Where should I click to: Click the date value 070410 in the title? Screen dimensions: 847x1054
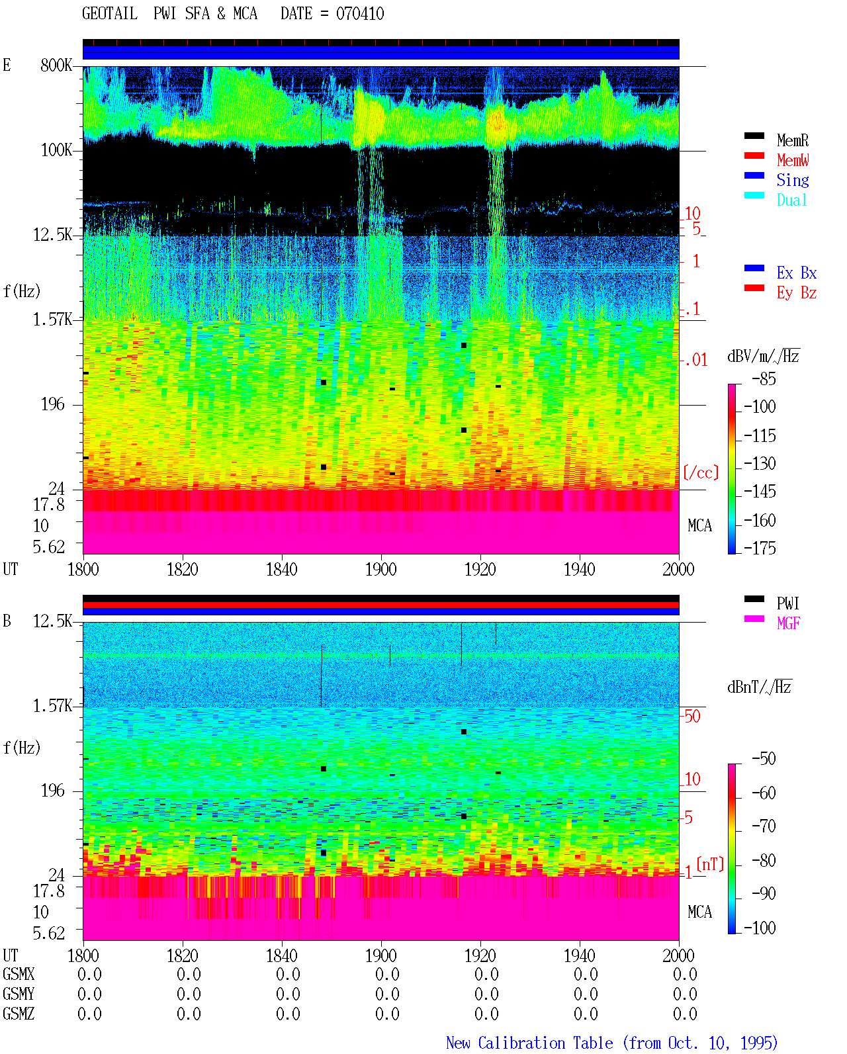point(359,14)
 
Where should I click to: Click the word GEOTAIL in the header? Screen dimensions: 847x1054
point(110,14)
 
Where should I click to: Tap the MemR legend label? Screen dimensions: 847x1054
point(792,140)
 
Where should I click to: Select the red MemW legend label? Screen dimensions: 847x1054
point(792,160)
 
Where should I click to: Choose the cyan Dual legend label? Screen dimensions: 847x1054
point(791,200)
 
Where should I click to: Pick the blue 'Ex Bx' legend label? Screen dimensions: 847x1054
point(796,273)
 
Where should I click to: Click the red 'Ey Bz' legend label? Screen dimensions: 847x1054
point(796,293)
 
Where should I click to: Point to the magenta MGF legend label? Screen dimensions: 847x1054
point(788,623)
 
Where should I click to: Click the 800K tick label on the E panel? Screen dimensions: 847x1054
point(56,65)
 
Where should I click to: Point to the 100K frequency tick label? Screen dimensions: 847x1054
point(56,150)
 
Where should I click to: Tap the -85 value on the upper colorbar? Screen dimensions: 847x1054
point(764,378)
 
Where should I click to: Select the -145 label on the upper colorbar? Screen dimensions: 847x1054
point(760,491)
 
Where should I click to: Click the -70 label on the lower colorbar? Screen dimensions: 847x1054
point(764,826)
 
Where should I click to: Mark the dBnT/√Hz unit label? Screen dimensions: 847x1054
point(759,687)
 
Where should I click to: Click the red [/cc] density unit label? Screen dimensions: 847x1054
point(701,472)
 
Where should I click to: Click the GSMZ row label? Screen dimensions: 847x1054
point(19,1014)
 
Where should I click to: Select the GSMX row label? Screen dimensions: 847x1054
point(19,974)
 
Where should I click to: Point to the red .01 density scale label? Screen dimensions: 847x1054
point(696,361)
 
